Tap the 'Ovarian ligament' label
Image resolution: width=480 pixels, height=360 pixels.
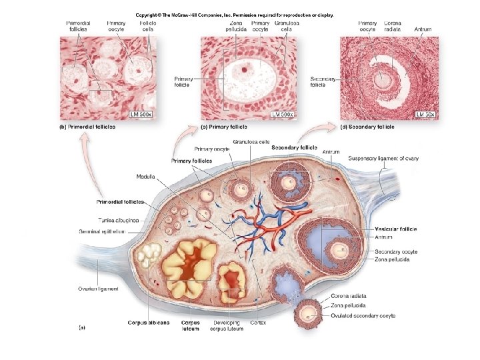[98, 289]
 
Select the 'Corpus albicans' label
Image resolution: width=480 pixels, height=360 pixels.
[149, 323]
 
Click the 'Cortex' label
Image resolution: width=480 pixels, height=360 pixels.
[258, 323]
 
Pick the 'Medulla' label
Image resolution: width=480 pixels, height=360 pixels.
[146, 177]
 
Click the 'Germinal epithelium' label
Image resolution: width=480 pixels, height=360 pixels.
[113, 231]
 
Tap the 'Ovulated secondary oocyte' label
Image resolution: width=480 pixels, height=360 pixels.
[363, 315]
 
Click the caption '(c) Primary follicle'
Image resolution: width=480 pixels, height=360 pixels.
[225, 126]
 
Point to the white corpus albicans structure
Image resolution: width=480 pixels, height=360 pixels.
[147, 254]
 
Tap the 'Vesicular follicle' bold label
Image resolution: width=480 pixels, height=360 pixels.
[396, 229]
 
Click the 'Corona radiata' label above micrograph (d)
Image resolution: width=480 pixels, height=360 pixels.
[393, 26]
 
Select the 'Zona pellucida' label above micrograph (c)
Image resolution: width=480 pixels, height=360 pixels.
[236, 26]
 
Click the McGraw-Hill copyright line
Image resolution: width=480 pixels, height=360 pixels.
[234, 14]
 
